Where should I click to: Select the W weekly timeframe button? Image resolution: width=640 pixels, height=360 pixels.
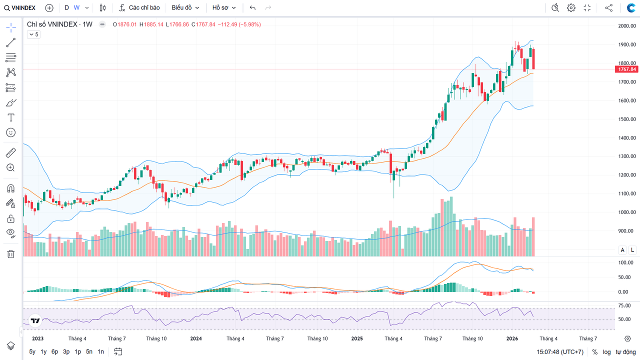[76, 8]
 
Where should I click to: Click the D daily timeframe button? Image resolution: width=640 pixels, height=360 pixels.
[66, 8]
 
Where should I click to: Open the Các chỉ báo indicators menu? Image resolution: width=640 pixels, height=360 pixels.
[139, 8]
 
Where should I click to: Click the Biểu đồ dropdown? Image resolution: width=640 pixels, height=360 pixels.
[185, 8]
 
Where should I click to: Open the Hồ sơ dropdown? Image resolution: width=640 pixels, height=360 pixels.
[223, 8]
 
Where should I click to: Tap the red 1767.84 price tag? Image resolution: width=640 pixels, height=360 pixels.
[626, 69]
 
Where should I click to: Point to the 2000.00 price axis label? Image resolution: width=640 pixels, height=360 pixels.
[626, 26]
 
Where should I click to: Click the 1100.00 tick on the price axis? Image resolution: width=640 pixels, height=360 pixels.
[626, 193]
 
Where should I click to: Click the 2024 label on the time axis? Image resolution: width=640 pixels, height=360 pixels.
[196, 338]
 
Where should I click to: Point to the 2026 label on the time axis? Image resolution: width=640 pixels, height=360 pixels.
[512, 338]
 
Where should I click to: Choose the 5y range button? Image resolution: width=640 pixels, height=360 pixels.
[32, 351]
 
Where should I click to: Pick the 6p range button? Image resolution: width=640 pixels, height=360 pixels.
[54, 351]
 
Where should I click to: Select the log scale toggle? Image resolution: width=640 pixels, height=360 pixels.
[606, 352]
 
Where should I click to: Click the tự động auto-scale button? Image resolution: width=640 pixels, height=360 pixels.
[625, 352]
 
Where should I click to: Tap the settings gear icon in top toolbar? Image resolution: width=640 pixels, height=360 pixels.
[571, 8]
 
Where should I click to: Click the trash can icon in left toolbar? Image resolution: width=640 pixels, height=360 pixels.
[10, 254]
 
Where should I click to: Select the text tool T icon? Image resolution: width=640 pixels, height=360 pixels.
[10, 117]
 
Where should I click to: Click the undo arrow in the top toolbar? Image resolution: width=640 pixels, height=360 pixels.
[252, 8]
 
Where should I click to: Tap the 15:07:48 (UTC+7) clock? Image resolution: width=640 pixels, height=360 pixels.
[560, 352]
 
